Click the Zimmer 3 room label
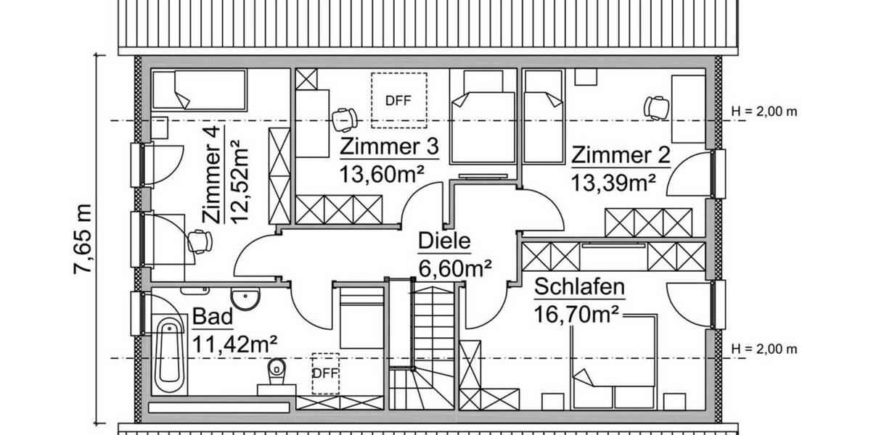coord(390,148)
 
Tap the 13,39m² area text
coord(614,182)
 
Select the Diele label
coord(444,241)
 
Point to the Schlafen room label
coord(579,288)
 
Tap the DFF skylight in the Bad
coord(325,373)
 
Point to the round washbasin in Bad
coord(245,299)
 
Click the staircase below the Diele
coord(423,344)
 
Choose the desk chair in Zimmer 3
coord(344,116)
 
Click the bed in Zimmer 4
coord(199,88)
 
